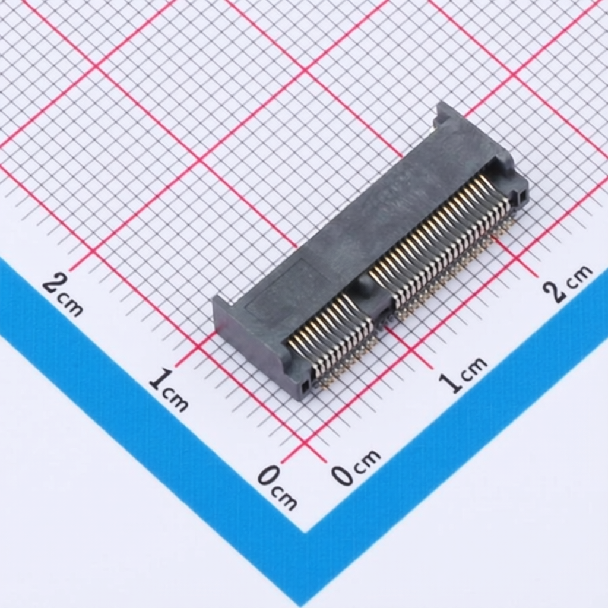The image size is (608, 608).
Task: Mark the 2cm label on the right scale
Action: [567, 283]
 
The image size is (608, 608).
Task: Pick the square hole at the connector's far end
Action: [522, 195]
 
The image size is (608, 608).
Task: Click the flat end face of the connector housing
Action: [249, 338]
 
